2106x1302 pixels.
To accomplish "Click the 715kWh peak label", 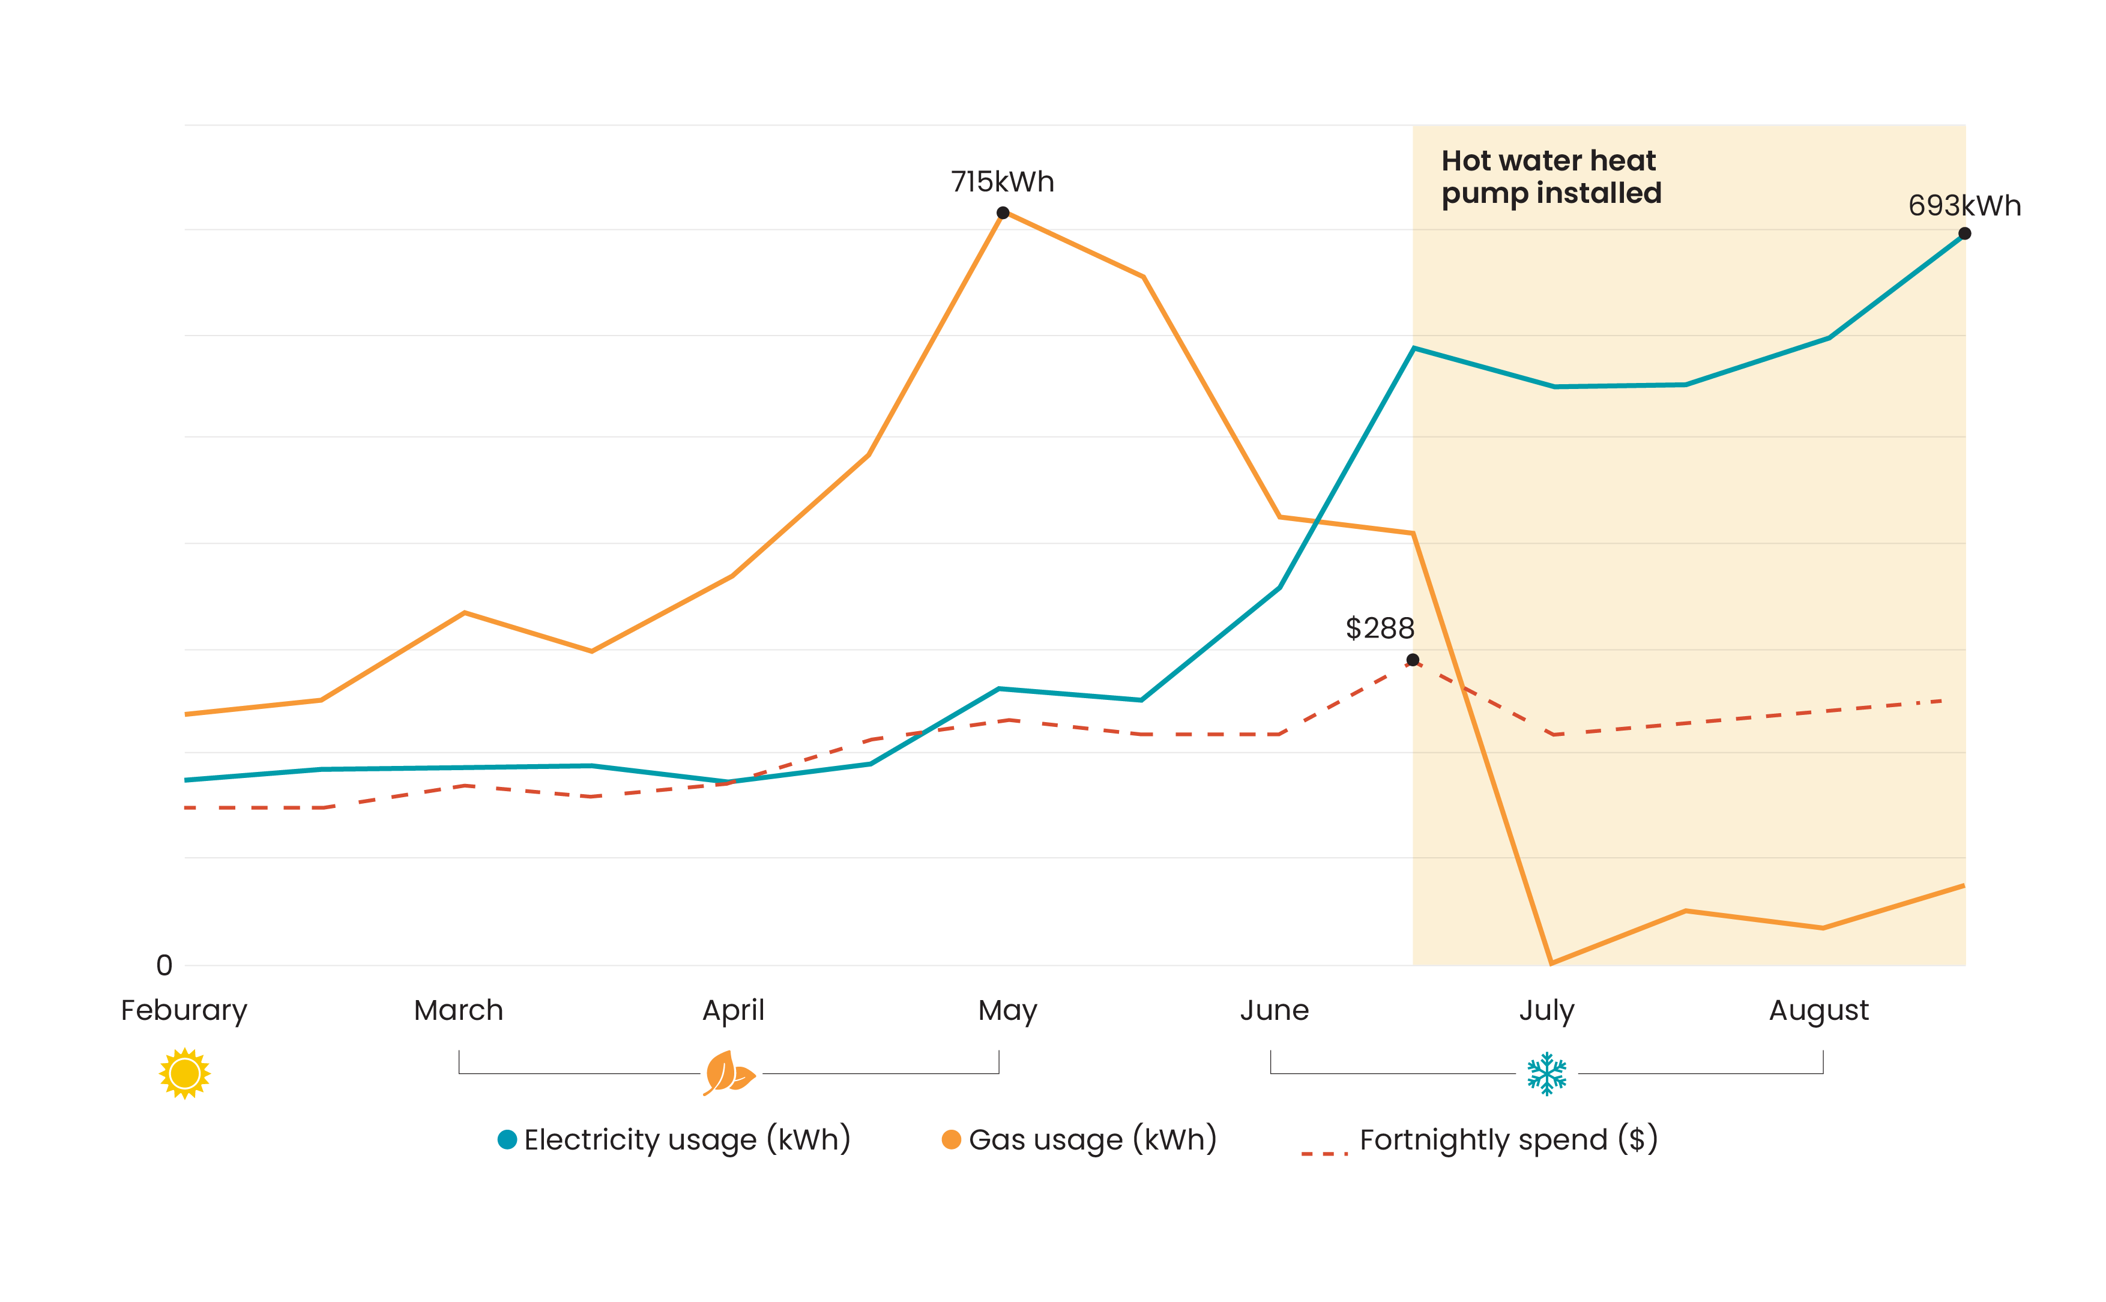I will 1001,182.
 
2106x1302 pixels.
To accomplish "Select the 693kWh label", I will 1963,206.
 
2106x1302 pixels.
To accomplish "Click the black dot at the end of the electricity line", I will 1964,234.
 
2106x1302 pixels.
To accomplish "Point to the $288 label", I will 1380,628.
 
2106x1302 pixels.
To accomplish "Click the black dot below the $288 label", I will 1412,660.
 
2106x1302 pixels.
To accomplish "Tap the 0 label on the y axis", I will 163,965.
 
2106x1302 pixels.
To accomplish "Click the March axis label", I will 458,1010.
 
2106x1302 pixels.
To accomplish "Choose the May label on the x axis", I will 1007,1010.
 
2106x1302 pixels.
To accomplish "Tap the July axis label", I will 1546,1010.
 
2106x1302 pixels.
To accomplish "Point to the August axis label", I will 1818,1010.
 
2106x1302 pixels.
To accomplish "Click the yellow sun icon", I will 184,1073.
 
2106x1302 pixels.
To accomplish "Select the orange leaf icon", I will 728,1073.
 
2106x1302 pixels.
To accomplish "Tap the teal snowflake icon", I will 1546,1073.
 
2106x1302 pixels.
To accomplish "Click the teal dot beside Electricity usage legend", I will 507,1139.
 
